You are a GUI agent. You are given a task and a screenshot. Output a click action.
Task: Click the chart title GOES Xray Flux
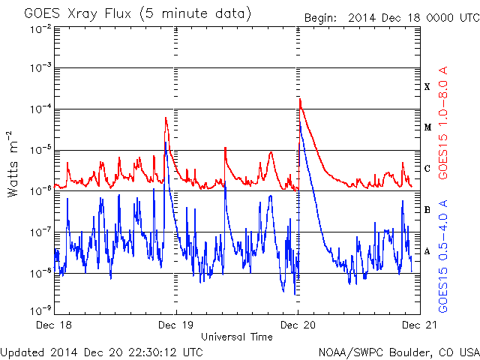pyautogui.click(x=77, y=13)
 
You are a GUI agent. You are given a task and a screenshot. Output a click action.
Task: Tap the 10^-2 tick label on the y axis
pyautogui.click(x=40, y=30)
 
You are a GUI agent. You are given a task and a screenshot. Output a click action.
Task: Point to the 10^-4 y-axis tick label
pyautogui.click(x=40, y=109)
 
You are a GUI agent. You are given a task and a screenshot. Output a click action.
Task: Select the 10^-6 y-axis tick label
pyautogui.click(x=40, y=191)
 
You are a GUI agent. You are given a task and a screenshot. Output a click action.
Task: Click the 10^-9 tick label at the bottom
pyautogui.click(x=40, y=311)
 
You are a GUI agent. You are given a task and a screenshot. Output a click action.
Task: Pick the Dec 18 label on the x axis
pyautogui.click(x=54, y=325)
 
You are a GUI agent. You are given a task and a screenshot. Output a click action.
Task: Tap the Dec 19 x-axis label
pyautogui.click(x=175, y=325)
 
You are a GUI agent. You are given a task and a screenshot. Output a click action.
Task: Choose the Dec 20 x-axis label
pyautogui.click(x=298, y=325)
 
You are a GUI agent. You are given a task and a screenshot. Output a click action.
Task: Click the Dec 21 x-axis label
pyautogui.click(x=419, y=325)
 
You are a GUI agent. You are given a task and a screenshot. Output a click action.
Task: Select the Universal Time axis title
pyautogui.click(x=237, y=337)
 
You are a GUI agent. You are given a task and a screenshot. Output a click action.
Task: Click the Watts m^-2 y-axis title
pyautogui.click(x=13, y=164)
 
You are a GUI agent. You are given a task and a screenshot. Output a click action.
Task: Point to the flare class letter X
pyautogui.click(x=427, y=87)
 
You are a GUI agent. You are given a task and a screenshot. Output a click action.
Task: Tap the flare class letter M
pyautogui.click(x=427, y=127)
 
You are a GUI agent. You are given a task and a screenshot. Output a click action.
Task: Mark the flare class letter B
pyautogui.click(x=427, y=210)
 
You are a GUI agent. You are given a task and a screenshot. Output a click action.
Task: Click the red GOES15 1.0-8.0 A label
pyautogui.click(x=443, y=123)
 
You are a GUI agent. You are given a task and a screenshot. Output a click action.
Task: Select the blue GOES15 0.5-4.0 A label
pyautogui.click(x=443, y=256)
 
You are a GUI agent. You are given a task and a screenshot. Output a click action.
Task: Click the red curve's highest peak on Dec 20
pyautogui.click(x=300, y=99)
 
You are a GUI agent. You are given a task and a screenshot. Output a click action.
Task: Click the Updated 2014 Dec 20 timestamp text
pyautogui.click(x=102, y=352)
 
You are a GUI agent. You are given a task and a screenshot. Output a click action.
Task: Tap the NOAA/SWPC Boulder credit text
pyautogui.click(x=399, y=352)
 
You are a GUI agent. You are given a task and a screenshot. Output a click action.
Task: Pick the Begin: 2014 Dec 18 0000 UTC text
pyautogui.click(x=391, y=18)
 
